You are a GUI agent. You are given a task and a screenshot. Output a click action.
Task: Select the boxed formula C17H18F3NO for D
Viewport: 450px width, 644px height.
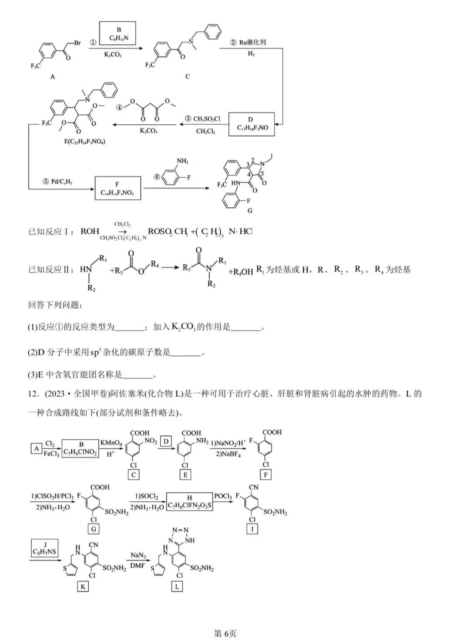pos(252,128)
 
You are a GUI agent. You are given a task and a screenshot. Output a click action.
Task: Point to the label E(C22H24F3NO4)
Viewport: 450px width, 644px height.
pos(85,141)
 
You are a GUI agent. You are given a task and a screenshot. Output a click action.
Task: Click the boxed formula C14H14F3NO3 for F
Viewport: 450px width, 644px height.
pos(117,193)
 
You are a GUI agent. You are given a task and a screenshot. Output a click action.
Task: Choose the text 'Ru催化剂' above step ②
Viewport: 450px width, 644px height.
pos(253,42)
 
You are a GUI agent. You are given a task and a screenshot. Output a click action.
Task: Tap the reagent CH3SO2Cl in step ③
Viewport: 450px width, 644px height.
pos(206,119)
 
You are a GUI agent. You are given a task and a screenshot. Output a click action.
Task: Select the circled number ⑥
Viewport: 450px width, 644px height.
pos(157,177)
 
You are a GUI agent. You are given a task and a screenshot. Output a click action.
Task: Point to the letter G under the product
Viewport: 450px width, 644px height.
pos(250,211)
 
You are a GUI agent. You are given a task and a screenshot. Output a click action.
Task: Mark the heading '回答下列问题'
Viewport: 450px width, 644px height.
pos(53,305)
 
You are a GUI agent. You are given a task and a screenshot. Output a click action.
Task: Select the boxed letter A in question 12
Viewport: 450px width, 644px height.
pos(37,448)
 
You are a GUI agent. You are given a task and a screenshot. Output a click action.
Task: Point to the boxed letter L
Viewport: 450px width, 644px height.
pos(177,586)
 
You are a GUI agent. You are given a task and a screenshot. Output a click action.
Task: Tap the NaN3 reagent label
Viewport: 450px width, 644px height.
pos(138,555)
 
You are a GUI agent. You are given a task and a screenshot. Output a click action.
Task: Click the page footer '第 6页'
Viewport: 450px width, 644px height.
pos(225,634)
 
